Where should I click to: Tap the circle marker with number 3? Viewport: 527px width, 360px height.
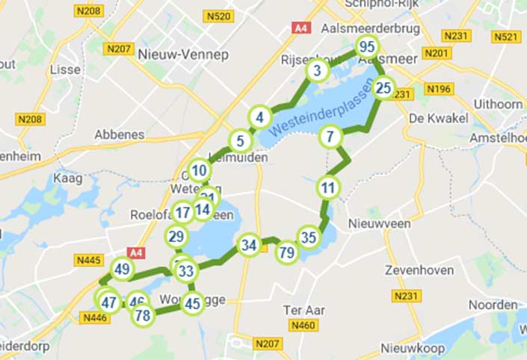coord(318,72)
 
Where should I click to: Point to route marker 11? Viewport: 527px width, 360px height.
coord(327,187)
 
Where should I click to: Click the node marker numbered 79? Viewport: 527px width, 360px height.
coord(286,252)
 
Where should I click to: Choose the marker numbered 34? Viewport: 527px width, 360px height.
coord(249,245)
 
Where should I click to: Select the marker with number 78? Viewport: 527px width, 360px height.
coord(142,315)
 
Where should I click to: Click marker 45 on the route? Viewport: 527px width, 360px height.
coord(193,302)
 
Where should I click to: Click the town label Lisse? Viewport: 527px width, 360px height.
coord(64,69)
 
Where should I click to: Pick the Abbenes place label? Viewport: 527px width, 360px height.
coord(119,134)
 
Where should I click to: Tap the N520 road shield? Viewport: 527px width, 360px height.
coord(219,16)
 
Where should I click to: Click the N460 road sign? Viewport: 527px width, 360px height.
coord(304,325)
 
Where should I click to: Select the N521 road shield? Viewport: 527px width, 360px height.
coord(506,36)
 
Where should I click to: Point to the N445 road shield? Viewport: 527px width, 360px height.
coord(89,259)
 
